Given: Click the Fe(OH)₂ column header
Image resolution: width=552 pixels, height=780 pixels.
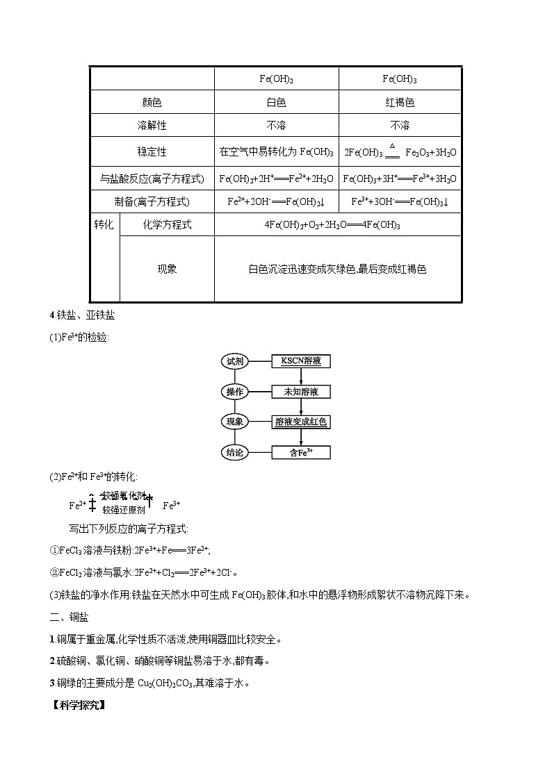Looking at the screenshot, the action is click(276, 79).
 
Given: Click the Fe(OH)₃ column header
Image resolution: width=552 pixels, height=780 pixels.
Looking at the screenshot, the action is click(400, 79).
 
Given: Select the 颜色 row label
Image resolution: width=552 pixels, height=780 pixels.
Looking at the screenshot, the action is click(152, 103).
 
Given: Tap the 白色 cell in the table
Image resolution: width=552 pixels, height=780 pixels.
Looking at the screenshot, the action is click(276, 103).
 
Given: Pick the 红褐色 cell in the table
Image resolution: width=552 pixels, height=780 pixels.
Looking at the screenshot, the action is click(400, 103).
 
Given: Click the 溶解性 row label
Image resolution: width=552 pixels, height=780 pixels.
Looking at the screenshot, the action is click(152, 126).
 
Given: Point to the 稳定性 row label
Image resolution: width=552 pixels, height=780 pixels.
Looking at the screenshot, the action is click(152, 151).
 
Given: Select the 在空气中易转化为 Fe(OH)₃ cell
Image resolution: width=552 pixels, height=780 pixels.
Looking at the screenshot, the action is click(276, 152).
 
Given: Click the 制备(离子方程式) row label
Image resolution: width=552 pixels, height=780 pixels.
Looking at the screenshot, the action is click(152, 201).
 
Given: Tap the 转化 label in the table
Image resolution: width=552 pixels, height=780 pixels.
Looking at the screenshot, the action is click(104, 224).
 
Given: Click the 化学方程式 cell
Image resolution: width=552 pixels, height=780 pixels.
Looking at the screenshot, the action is click(167, 224).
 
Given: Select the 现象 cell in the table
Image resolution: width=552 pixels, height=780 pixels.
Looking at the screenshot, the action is click(167, 269).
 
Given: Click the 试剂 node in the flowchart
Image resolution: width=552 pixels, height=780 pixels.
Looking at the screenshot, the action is click(234, 361).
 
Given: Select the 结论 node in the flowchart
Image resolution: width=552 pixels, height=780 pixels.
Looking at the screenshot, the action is click(234, 452).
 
